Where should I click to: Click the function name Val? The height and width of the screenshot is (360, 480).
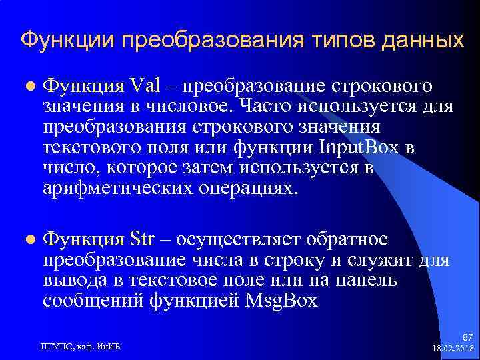(146, 87)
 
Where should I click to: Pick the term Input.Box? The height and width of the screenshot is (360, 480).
(359, 147)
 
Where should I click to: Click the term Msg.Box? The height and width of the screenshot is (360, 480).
(283, 300)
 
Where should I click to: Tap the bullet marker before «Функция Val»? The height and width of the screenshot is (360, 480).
(28, 87)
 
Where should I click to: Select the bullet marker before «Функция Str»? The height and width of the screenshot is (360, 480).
(28, 240)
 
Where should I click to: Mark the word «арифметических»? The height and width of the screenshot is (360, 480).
(117, 187)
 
